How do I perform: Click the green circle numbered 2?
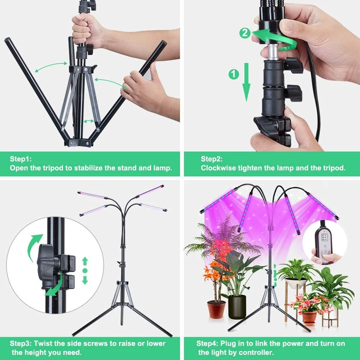tap(245, 33)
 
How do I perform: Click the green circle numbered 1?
tap(234, 74)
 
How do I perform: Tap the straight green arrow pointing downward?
tap(247, 82)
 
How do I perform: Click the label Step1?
tap(21, 159)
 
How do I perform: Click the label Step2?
tap(211, 159)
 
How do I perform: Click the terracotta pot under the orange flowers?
tap(216, 310)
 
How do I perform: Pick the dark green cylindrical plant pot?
tap(237, 307)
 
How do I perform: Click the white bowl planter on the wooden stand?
tap(296, 283)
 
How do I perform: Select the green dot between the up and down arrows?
tap(85, 270)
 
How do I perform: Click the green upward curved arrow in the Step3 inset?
tap(35, 247)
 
